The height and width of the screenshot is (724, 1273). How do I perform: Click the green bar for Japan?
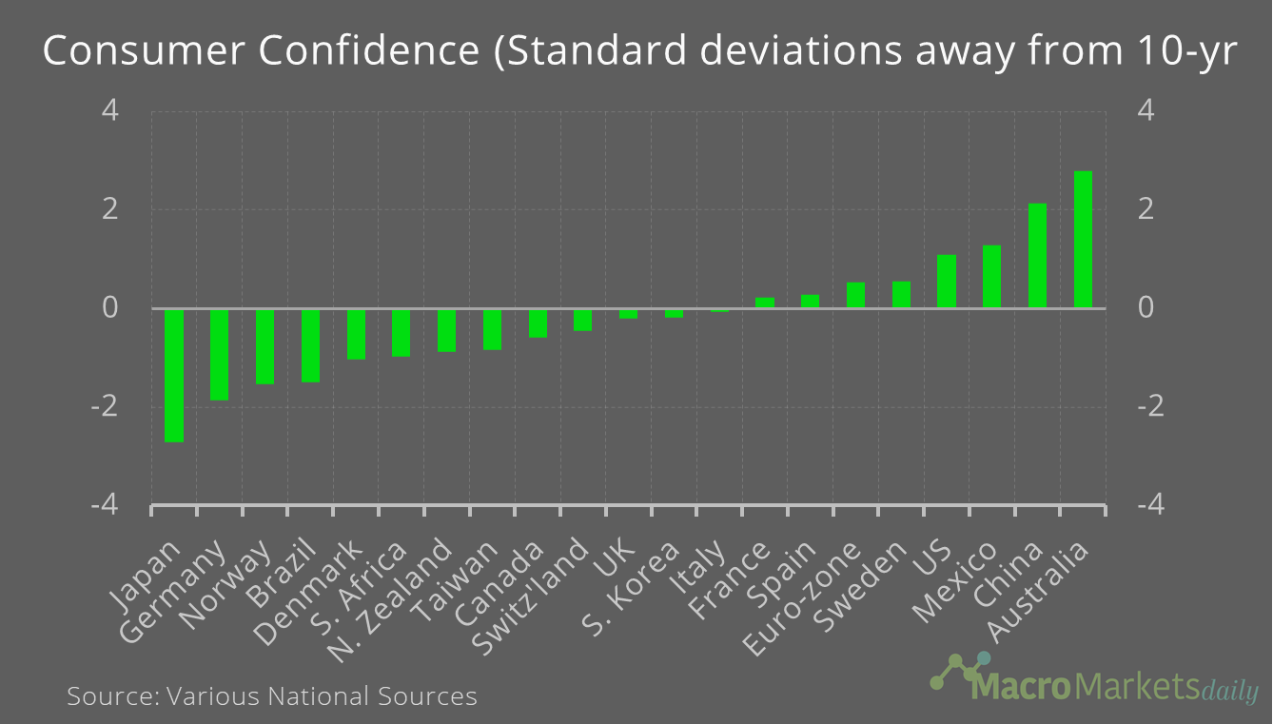click(x=174, y=375)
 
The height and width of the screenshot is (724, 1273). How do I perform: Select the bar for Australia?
click(x=1083, y=240)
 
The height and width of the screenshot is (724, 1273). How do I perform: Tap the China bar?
click(x=1037, y=256)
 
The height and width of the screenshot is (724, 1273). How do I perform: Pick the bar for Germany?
click(x=220, y=354)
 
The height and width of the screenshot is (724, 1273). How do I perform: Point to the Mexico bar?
click(x=991, y=277)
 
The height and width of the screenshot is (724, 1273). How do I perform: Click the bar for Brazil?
click(x=310, y=345)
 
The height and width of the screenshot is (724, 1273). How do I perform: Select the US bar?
click(x=947, y=282)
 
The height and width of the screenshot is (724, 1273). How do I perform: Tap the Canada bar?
click(x=538, y=323)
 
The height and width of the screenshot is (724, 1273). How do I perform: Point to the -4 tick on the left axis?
click(x=105, y=505)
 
